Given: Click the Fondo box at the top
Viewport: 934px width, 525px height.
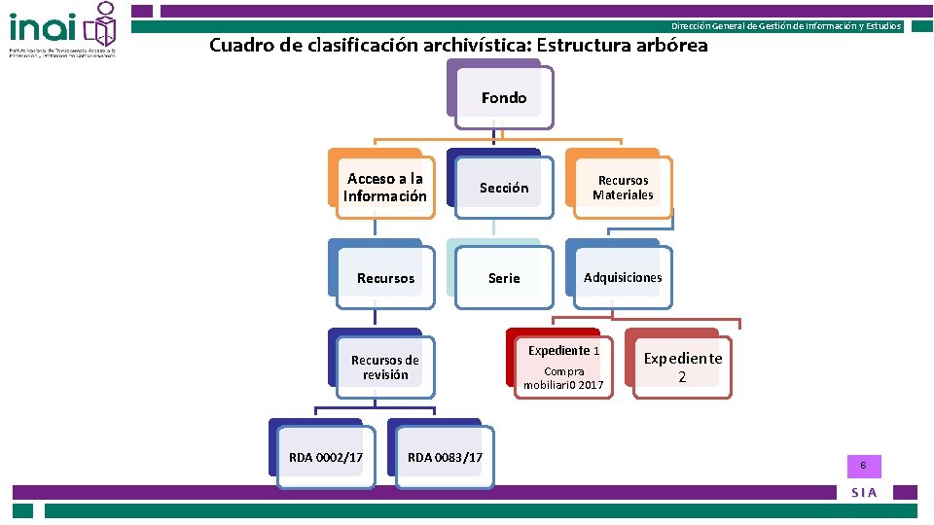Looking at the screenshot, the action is pos(504,97).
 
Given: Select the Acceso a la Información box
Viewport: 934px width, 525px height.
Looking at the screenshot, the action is pos(384,187).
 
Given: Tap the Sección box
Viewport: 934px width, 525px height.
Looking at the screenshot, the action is pos(503,188).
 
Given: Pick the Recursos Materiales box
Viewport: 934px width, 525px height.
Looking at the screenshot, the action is pos(623,188).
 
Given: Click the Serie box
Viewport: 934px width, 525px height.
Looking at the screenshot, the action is pos(503,278).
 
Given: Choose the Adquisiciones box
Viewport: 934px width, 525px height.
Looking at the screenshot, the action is pos(622,278).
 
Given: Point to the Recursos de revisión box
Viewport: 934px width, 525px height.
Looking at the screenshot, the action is pos(384,367).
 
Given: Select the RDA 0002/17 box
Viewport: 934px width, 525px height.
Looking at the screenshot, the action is pos(326,457).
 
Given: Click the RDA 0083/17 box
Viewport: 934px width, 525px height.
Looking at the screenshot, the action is pos(445,457).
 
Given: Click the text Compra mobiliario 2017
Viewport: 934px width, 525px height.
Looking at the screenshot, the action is pos(563,378).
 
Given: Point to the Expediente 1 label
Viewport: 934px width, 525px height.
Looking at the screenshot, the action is pos(563,350).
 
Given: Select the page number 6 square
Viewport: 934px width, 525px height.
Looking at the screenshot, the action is pos(862,466).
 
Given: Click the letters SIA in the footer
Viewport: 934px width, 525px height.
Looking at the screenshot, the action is pos(864,493).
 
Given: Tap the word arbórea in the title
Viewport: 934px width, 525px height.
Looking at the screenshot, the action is pos(670,46).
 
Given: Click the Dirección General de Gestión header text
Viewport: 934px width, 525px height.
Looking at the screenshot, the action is pos(786,26).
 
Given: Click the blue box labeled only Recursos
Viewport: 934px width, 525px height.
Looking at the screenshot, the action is pos(384,278).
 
